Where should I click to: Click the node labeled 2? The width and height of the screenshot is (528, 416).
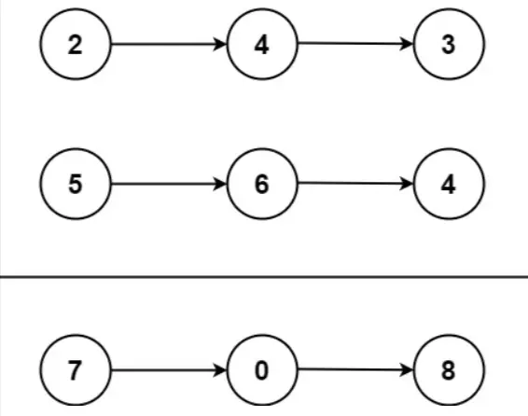click(x=76, y=44)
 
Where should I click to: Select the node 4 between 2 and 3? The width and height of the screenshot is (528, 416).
click(x=262, y=44)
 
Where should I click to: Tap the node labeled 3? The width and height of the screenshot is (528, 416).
click(x=449, y=44)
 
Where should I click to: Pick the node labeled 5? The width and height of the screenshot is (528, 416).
click(x=76, y=184)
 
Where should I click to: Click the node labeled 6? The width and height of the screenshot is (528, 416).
click(x=262, y=184)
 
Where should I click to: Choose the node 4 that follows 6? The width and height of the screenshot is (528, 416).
click(x=449, y=184)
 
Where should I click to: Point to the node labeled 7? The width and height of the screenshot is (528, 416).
click(x=76, y=370)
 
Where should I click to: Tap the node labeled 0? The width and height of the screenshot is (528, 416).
click(x=262, y=370)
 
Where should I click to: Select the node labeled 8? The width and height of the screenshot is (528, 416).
click(x=449, y=370)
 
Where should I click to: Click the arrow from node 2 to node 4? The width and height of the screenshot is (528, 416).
click(x=169, y=44)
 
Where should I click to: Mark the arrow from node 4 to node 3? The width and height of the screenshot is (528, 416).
click(x=355, y=44)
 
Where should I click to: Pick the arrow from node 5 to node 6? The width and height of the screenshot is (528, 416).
click(x=169, y=184)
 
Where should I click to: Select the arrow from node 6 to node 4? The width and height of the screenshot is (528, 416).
click(x=355, y=184)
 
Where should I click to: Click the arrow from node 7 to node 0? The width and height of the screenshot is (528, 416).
click(x=169, y=370)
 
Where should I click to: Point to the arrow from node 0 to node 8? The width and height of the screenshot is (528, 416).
click(x=355, y=370)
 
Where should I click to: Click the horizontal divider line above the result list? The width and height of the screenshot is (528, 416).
click(x=264, y=277)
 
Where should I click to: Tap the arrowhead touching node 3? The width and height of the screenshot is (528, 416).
click(x=407, y=44)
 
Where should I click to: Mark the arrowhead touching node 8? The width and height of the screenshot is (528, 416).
click(x=407, y=370)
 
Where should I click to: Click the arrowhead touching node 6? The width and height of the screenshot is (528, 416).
click(x=220, y=184)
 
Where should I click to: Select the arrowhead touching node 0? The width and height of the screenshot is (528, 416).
click(x=220, y=370)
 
